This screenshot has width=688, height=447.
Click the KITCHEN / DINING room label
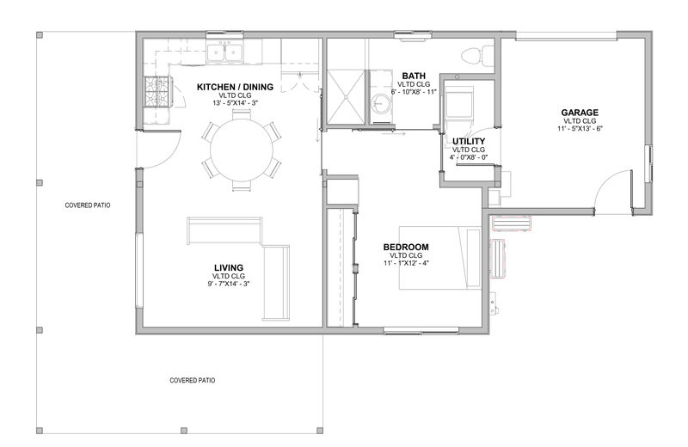(235, 87)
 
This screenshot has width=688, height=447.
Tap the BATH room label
(414, 76)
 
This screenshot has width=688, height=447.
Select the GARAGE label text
(580, 113)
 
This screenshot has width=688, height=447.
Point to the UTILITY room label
(469, 141)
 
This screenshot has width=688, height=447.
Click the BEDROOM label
(406, 247)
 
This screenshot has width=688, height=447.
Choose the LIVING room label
(229, 267)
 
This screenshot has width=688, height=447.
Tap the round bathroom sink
(380, 103)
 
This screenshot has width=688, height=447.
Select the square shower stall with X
(347, 96)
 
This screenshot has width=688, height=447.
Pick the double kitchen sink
(225, 53)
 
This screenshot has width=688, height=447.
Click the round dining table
(242, 150)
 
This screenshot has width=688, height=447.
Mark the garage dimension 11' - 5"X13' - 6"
(580, 129)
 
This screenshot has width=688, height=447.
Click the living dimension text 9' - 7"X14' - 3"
(229, 284)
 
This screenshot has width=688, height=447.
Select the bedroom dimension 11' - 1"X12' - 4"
(406, 263)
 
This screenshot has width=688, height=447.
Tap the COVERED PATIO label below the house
(192, 380)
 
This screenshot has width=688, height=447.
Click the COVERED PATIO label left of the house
(88, 205)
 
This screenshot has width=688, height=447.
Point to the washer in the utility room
(459, 102)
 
